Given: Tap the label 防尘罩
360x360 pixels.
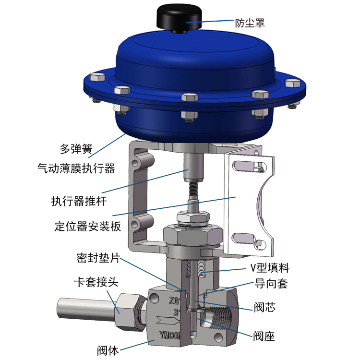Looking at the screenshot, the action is point(250,23).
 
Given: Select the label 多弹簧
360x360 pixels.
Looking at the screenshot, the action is point(76,149).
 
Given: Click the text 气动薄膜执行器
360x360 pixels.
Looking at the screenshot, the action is point(76,168).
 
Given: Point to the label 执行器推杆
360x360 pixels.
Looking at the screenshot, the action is point(79,201).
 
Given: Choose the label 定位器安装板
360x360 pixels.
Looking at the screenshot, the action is point(88,227).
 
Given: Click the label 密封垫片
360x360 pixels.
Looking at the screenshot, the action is point(98,258).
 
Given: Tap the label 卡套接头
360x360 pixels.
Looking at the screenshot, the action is point(96,282).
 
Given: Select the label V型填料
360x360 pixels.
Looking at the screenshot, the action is point(270,268).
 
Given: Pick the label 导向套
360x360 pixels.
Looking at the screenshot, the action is point(271,284).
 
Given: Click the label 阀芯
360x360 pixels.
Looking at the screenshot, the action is point(264,307).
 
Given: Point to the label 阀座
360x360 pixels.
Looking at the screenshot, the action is point(264,336).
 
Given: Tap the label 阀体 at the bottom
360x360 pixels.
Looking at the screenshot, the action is point(108,350).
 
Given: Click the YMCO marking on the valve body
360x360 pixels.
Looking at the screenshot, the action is point(169,336).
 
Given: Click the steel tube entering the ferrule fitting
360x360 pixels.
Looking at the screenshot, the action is point(86,309).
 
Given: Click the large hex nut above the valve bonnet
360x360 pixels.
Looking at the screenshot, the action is point(193,237).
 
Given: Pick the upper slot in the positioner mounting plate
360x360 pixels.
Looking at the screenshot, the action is point(250,167).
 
